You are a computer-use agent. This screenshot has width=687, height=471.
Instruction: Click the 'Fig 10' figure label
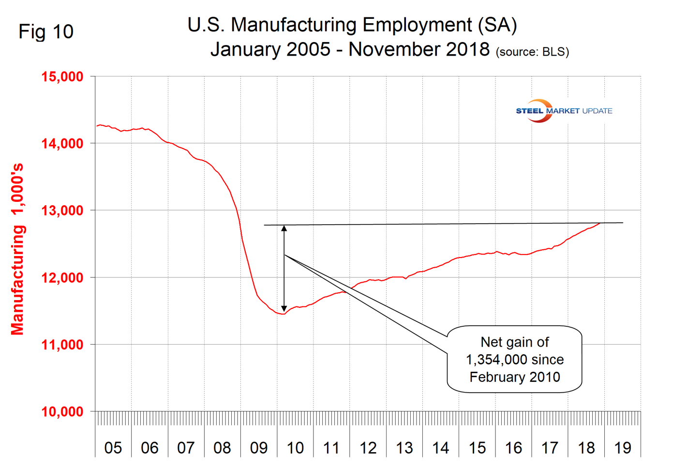pyautogui.click(x=46, y=32)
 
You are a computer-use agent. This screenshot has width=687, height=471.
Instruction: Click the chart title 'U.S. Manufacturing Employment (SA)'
pyautogui.click(x=352, y=25)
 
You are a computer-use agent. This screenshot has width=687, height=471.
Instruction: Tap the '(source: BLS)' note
pyautogui.click(x=532, y=52)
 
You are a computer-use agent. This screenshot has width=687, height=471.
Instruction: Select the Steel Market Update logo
pyautogui.click(x=564, y=111)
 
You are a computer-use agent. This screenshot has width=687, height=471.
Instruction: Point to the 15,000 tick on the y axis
pyautogui.click(x=62, y=76)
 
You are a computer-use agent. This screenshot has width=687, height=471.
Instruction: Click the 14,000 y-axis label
pyautogui.click(x=62, y=144)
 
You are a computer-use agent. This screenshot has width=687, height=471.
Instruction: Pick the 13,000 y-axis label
pyautogui.click(x=62, y=211)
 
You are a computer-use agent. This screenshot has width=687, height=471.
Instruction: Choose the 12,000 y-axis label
pyautogui.click(x=62, y=278)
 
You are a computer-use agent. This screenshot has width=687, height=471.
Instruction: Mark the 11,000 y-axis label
pyautogui.click(x=62, y=345)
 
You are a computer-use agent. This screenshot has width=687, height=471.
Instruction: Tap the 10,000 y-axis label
pyautogui.click(x=62, y=412)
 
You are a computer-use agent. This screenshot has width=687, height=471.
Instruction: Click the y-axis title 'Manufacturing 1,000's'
pyautogui.click(x=17, y=249)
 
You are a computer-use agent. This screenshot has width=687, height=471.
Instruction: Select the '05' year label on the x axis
pyautogui.click(x=113, y=448)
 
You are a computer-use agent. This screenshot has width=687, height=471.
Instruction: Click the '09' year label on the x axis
pyautogui.click(x=259, y=448)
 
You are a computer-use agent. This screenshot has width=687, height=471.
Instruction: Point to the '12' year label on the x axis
pyautogui.click(x=368, y=448)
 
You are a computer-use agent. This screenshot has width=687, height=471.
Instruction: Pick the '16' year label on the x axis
pyautogui.click(x=514, y=448)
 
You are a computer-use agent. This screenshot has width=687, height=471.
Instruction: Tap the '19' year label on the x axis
pyautogui.click(x=623, y=448)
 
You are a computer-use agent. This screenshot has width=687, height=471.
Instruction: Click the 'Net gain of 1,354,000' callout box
pyautogui.click(x=514, y=359)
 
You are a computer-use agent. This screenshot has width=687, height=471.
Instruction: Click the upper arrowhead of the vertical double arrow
pyautogui.click(x=284, y=228)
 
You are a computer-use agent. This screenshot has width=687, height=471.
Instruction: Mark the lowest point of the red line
pyautogui.click(x=282, y=314)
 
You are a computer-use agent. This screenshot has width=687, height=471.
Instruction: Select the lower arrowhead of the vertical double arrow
pyautogui.click(x=284, y=308)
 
